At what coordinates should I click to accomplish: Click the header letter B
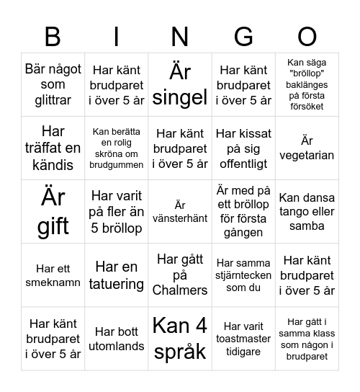coord(53,36)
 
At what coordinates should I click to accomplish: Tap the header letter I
coord(117,36)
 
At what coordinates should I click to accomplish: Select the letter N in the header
coord(180,36)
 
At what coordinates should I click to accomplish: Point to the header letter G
coord(244,36)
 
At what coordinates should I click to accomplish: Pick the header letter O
coord(307,36)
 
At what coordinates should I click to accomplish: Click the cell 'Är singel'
coord(180,84)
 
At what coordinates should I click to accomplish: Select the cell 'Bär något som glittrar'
coord(53,84)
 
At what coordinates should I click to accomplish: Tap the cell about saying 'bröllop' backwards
coord(307,84)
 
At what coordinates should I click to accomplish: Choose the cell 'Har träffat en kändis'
coord(53,148)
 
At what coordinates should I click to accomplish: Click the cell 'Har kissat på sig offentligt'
coord(244,148)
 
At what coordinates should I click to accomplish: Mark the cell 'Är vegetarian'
coord(307,148)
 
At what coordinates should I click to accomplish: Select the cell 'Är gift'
coord(53,211)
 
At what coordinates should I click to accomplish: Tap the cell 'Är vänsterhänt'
coord(180,211)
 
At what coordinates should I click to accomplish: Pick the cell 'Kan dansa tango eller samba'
coord(307,211)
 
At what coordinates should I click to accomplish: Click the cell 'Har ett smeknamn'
coord(53,275)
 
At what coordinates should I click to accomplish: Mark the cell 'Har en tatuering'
coord(117,275)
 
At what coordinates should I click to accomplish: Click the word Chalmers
coord(180,290)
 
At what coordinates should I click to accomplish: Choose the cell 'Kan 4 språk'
coord(180,338)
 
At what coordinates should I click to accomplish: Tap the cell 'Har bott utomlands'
coord(117,338)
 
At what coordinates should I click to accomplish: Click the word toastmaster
coord(244,339)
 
